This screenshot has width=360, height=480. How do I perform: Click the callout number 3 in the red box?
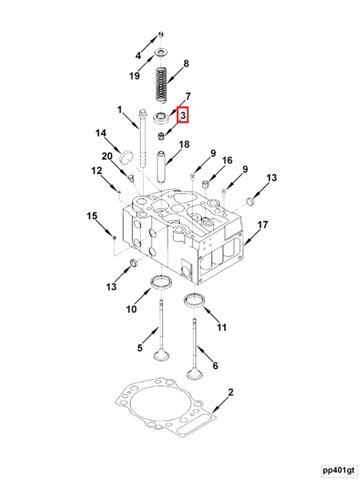[183, 115]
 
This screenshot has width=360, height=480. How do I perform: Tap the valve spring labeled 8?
[161, 84]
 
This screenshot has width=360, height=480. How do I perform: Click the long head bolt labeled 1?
[143, 138]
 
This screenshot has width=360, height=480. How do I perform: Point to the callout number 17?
[262, 225]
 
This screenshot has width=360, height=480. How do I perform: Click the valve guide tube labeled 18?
[162, 165]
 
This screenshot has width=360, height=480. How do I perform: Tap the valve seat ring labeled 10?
[161, 283]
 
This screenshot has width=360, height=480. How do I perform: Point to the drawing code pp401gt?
[338, 470]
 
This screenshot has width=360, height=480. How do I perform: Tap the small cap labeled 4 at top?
[161, 34]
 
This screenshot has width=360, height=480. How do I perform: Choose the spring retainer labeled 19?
[161, 53]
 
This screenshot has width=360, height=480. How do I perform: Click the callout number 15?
[91, 216]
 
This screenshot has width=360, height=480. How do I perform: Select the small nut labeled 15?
[114, 237]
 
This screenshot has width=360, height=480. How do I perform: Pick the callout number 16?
[227, 160]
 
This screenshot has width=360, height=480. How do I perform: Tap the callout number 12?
[97, 170]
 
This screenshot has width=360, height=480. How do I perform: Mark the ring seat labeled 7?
[161, 118]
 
